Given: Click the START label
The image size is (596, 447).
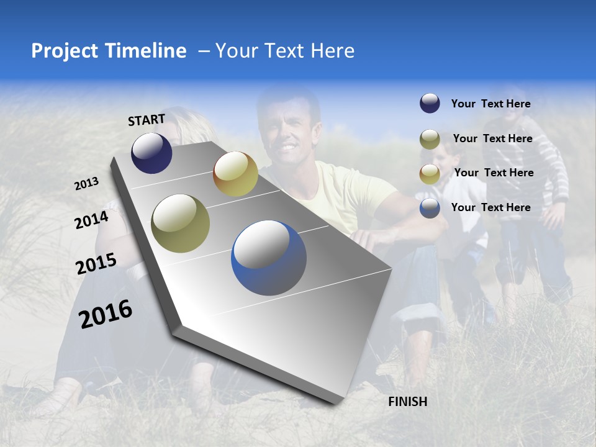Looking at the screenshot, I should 147,120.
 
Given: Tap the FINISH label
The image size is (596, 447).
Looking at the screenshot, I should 407,402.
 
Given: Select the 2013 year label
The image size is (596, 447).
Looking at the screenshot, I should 87,184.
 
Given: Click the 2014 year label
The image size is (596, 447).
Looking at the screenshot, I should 92,220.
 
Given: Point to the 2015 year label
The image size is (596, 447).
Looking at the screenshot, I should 96,264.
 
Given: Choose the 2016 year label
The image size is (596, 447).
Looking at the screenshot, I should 106,314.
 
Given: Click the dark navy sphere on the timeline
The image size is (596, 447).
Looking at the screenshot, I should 151,153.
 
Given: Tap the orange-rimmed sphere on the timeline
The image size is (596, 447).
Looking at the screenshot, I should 235,174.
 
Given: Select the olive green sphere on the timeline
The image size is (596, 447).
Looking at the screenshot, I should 181,223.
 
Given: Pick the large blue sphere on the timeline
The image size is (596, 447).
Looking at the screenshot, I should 269,258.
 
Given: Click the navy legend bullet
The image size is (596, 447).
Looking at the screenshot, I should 430,104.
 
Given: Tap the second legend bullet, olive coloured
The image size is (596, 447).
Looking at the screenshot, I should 430,139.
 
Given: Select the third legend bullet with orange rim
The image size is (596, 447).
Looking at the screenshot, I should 430,173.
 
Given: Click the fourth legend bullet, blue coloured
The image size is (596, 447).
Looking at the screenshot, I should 430,208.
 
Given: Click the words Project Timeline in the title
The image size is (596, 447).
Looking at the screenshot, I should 109,51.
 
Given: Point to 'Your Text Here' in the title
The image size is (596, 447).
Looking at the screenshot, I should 284,51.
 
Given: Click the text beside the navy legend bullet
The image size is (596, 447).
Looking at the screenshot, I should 490,104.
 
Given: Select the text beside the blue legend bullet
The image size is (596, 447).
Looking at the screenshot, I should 490,207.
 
